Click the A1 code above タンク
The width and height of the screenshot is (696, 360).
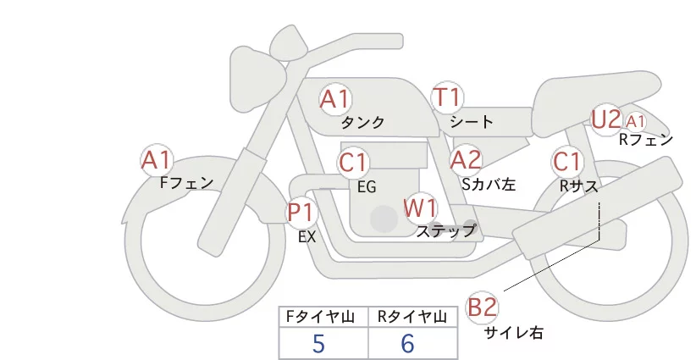coord(335,99)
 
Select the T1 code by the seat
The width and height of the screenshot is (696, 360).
coord(447,97)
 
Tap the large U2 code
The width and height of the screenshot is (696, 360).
coord(606,119)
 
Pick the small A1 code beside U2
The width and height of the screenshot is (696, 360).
coord(635,121)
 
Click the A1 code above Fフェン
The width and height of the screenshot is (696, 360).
coord(157,160)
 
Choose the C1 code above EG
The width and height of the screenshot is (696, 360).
coord(353,163)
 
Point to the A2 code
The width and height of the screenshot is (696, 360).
coord(466,160)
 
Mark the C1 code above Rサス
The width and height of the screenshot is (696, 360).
coord(566,162)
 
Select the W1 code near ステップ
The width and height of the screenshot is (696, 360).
coord(420,208)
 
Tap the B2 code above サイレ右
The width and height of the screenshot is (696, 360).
coord(482,307)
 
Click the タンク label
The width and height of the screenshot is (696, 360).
coord(362,123)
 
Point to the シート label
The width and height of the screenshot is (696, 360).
coord(472,122)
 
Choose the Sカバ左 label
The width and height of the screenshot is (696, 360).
coord(489,184)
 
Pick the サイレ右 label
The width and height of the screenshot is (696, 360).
coord(514,333)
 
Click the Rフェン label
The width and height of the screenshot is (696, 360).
coord(646,140)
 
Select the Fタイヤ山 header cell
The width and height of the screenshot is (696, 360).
coord(323,317)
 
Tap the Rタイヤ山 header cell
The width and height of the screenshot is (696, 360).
coord(413,317)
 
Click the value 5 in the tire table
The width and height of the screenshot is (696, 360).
coord(318,344)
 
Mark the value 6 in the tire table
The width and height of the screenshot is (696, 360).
coord(407,344)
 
